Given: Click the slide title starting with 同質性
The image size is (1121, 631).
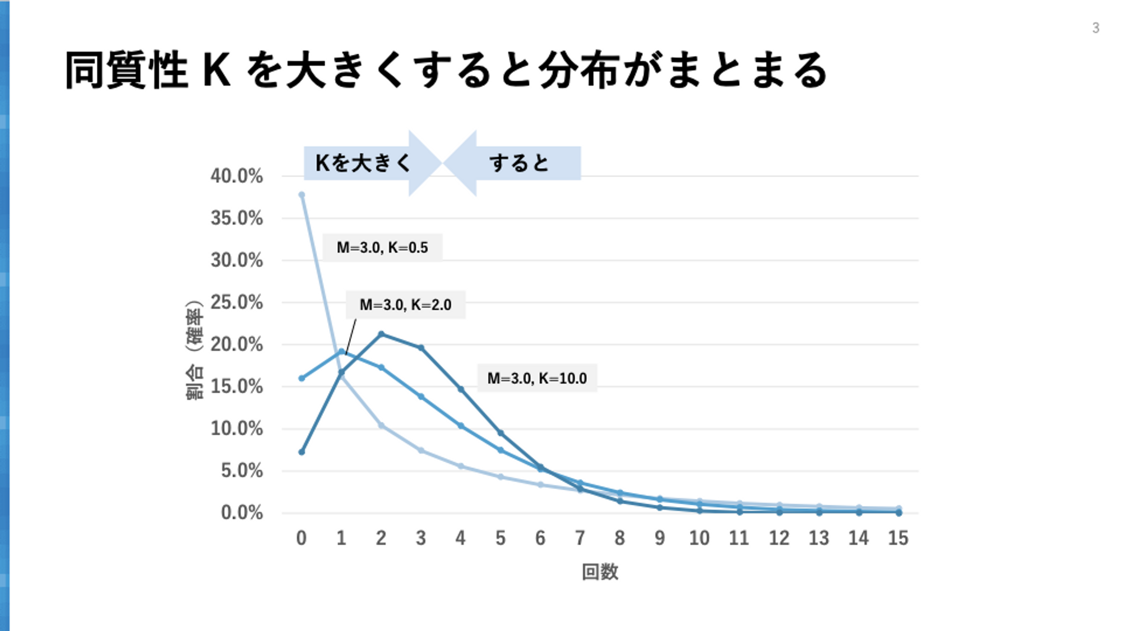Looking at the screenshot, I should pyautogui.click(x=446, y=70).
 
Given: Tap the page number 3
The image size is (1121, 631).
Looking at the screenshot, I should pyautogui.click(x=1096, y=28).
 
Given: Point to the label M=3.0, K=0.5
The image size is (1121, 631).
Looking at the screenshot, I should pyautogui.click(x=382, y=247).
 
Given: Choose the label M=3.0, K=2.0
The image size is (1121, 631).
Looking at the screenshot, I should pyautogui.click(x=405, y=305).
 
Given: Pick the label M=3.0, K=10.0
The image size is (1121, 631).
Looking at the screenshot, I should pyautogui.click(x=537, y=378).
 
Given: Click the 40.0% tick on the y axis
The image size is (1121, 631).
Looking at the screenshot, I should pyautogui.click(x=237, y=176).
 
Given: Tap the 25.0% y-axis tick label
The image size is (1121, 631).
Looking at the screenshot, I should pyautogui.click(x=237, y=302).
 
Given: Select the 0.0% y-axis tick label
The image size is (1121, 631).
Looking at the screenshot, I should pyautogui.click(x=242, y=513).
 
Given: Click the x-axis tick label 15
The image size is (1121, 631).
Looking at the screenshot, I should pyautogui.click(x=898, y=538).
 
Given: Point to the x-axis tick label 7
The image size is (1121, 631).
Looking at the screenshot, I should pyautogui.click(x=580, y=538).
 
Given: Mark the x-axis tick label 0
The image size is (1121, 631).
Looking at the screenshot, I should pyautogui.click(x=302, y=538).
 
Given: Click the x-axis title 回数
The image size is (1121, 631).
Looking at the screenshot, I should pyautogui.click(x=600, y=572).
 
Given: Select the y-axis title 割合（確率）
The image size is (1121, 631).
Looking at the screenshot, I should pyautogui.click(x=194, y=350).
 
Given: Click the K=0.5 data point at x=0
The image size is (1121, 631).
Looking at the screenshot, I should pyautogui.click(x=302, y=195).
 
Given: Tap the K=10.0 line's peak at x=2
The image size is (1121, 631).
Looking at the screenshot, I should pyautogui.click(x=381, y=334).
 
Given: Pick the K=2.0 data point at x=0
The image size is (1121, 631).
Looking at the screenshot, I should pyautogui.click(x=302, y=379).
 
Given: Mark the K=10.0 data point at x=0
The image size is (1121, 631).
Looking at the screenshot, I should pyautogui.click(x=302, y=452).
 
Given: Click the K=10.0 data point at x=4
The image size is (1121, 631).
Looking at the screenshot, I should pyautogui.click(x=461, y=389).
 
